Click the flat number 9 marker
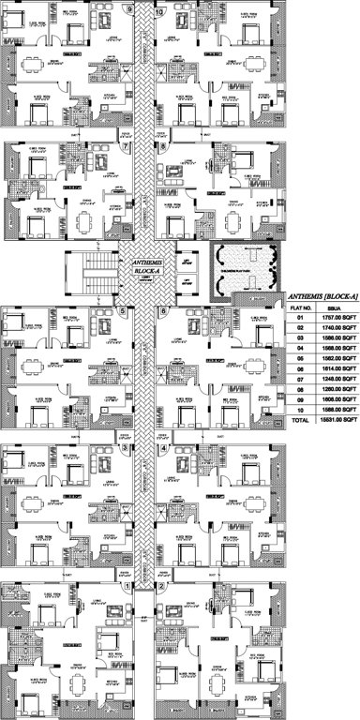(127, 11)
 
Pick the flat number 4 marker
(164, 448)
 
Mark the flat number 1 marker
(127, 586)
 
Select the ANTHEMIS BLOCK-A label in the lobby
(147, 267)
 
